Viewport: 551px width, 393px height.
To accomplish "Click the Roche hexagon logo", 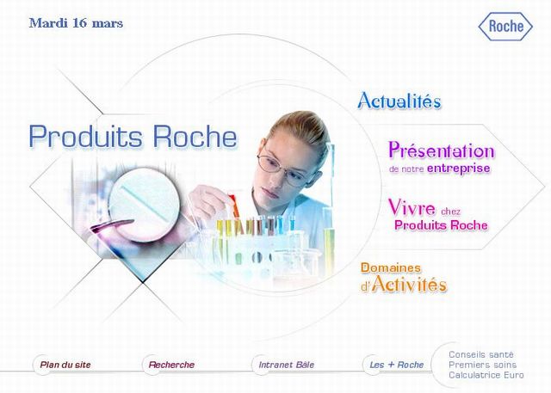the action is pyautogui.click(x=505, y=27).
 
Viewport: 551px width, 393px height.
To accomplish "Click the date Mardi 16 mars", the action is pyautogui.click(x=76, y=23).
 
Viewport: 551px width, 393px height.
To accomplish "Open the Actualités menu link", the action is pyautogui.click(x=399, y=101).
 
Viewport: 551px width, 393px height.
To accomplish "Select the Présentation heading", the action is pyautogui.click(x=442, y=150).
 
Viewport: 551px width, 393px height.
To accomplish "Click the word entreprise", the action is pyautogui.click(x=459, y=169).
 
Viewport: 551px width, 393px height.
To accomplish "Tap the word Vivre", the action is pyautogui.click(x=412, y=207).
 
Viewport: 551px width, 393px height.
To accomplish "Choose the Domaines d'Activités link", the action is pyautogui.click(x=404, y=277).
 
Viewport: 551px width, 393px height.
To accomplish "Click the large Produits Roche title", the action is pyautogui.click(x=133, y=136).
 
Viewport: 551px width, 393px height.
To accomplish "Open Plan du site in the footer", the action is pyautogui.click(x=65, y=365).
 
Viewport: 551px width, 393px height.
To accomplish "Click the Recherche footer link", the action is pyautogui.click(x=171, y=365).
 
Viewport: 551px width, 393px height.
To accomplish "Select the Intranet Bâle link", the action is pyautogui.click(x=287, y=365).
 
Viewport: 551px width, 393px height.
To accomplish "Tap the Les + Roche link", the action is pyautogui.click(x=396, y=365).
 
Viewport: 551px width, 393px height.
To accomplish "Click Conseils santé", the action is pyautogui.click(x=481, y=354).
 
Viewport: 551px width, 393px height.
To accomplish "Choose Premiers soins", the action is pyautogui.click(x=482, y=365).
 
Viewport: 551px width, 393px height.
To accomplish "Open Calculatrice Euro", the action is pyautogui.click(x=486, y=375).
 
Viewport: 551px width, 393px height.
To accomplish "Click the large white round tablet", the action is pyautogui.click(x=145, y=205).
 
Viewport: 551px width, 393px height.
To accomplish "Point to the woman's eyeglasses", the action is pyautogui.click(x=282, y=169).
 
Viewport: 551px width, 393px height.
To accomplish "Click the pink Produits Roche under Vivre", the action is pyautogui.click(x=441, y=225).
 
